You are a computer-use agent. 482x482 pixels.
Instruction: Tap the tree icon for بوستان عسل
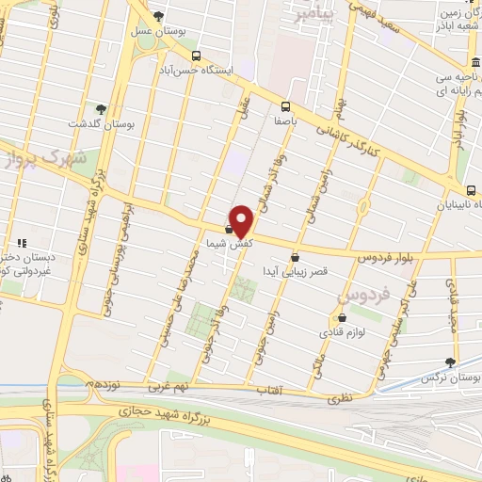point(158,16)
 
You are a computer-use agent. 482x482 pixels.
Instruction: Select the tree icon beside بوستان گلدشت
point(101,109)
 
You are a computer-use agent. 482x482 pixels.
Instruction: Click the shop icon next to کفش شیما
point(229,228)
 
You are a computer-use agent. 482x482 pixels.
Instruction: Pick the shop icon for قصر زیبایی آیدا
point(296,255)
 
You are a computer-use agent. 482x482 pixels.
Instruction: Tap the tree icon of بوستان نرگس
point(450,361)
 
